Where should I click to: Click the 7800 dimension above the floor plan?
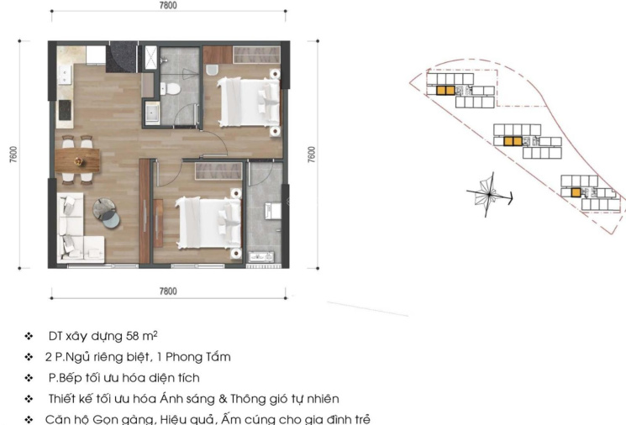click(168, 5)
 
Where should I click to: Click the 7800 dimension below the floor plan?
click(168, 291)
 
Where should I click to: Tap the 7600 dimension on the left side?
click(13, 155)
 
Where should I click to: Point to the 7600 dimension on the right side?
click(312, 155)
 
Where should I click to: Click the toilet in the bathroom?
click(171, 89)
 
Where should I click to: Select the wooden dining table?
click(77, 160)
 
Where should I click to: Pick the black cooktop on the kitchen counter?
click(65, 110)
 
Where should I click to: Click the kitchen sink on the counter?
click(64, 75)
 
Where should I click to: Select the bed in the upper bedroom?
click(248, 102)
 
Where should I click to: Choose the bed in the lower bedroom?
click(208, 223)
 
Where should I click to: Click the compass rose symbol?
click(490, 195)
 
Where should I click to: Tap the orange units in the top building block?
click(445, 91)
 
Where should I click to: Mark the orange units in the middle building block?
click(513, 141)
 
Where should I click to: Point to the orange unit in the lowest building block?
click(576, 192)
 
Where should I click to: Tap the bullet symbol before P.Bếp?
click(29, 377)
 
